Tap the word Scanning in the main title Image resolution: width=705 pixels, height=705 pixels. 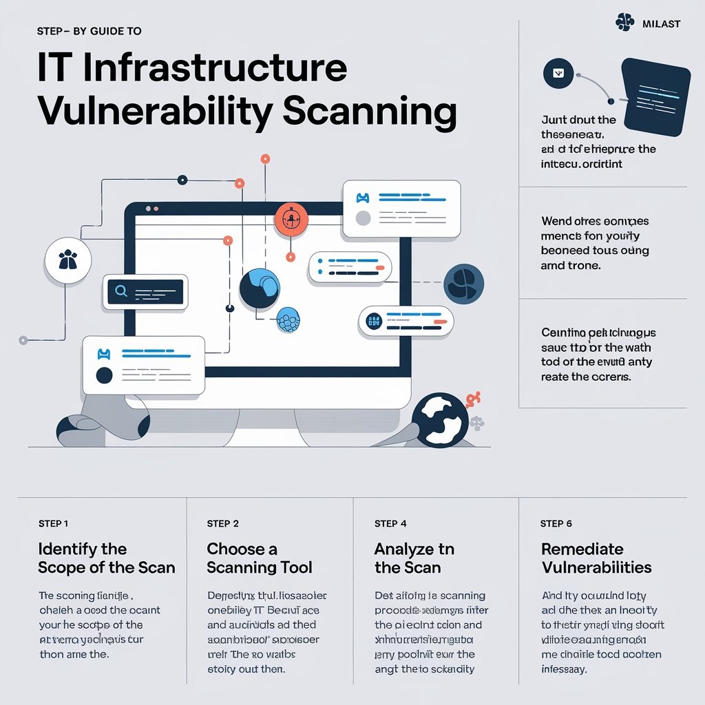pyautogui.click(x=370, y=112)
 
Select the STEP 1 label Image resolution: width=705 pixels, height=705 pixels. pyautogui.click(x=53, y=524)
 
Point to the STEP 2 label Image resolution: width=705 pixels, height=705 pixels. pyautogui.click(x=222, y=524)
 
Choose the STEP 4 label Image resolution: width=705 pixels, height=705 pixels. pyautogui.click(x=390, y=524)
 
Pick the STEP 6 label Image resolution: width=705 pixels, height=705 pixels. pyautogui.click(x=556, y=524)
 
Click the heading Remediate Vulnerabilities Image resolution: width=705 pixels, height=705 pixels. pyautogui.click(x=596, y=558)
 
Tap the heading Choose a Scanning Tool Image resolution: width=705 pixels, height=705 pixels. pyautogui.click(x=259, y=558)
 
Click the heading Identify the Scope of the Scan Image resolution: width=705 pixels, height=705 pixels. pyautogui.click(x=106, y=558)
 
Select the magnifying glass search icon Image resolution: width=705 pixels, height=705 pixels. pyautogui.click(x=121, y=291)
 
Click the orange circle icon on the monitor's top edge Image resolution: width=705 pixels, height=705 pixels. pyautogui.click(x=290, y=219)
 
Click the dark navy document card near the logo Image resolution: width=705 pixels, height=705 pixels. pyautogui.click(x=655, y=96)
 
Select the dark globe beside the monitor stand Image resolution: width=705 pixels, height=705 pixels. pyautogui.click(x=440, y=419)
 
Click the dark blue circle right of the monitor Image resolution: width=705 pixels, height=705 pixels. pyautogui.click(x=463, y=284)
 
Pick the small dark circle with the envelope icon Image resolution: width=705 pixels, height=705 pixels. pyautogui.click(x=558, y=73)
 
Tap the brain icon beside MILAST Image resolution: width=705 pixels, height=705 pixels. pyautogui.click(x=624, y=24)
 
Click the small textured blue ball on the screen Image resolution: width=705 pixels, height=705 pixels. pyautogui.click(x=288, y=320)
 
